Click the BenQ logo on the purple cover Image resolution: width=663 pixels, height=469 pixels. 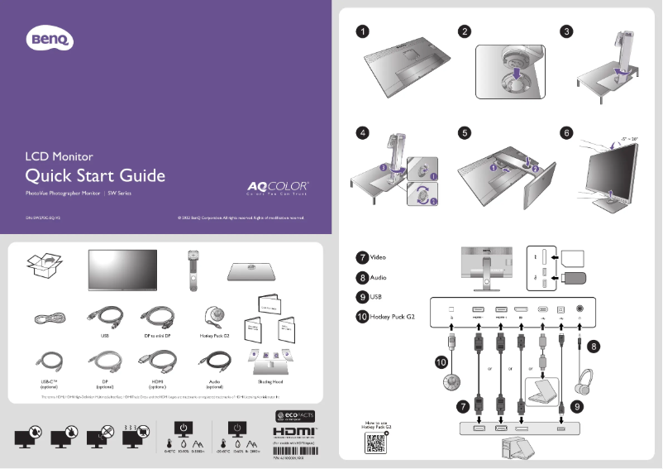52,38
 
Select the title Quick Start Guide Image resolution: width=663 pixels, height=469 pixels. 95,175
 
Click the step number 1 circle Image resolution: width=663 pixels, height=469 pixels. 363,31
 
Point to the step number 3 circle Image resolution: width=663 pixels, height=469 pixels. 566,31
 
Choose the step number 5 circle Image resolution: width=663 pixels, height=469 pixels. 465,132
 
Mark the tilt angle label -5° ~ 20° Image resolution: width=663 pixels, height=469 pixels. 631,138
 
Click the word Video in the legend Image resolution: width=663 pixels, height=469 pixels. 379,256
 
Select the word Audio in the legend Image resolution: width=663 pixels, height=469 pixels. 379,277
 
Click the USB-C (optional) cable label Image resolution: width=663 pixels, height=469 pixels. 49,385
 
